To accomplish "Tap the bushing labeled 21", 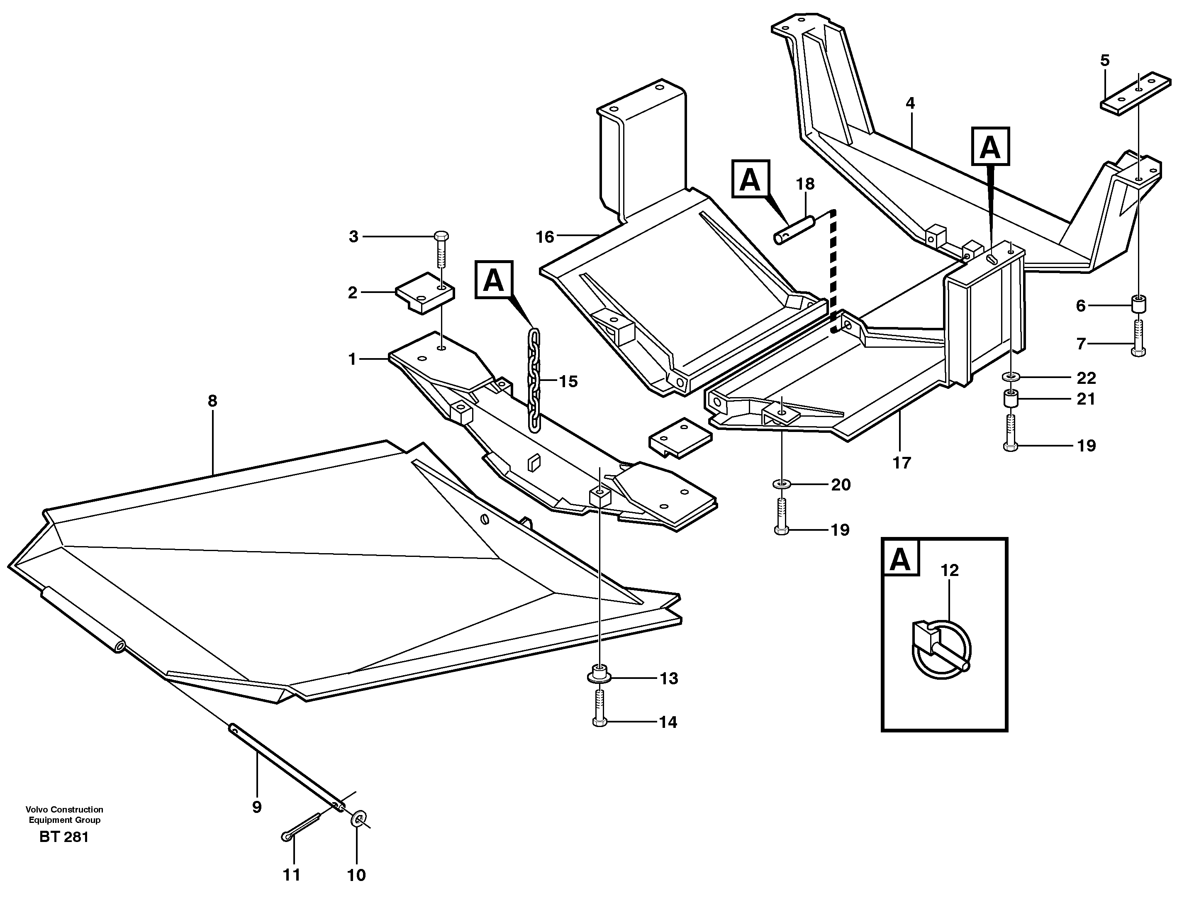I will coord(1010,399).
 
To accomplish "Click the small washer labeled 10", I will coord(358,819).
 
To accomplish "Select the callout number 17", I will coord(902,462).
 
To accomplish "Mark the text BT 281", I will coord(64,837).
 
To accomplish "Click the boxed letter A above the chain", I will coord(493,280).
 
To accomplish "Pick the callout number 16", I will coord(545,237).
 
